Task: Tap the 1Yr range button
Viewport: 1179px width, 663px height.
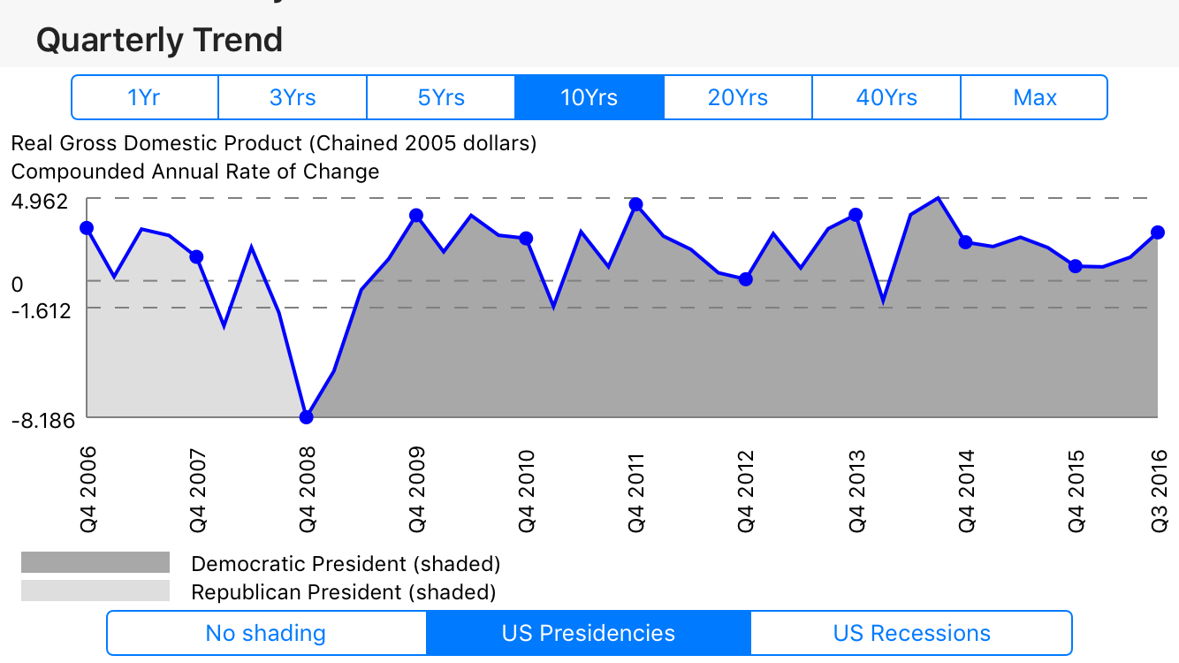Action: point(144,97)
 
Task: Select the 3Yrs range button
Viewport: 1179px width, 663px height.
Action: point(293,97)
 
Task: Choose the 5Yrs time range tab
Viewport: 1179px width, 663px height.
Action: point(441,97)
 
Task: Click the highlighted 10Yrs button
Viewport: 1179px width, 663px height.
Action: point(589,97)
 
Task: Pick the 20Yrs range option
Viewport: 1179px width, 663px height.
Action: point(738,97)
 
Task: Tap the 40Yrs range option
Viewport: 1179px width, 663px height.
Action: point(886,97)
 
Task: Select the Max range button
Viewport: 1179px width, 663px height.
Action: point(1034,97)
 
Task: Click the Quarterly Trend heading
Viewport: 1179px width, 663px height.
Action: point(159,41)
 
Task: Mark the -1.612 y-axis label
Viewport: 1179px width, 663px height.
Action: point(41,310)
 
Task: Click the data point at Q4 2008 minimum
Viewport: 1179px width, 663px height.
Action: point(307,417)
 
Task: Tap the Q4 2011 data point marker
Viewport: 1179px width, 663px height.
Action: point(635,205)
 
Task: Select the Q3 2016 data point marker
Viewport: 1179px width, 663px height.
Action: point(1158,232)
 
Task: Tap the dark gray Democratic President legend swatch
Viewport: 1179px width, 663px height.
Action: point(95,563)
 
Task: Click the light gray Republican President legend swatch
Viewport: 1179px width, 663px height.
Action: point(95,591)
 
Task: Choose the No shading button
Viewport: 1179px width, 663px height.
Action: point(266,634)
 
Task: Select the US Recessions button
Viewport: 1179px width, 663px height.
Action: point(911,634)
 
